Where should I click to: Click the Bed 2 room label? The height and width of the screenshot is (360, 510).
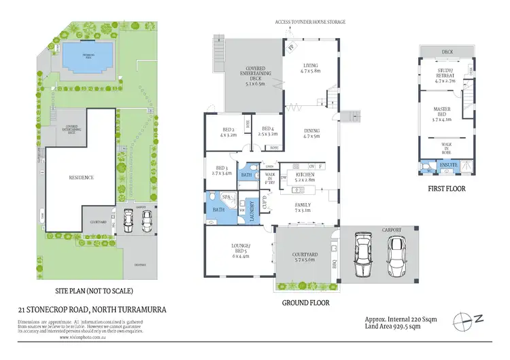(x=228, y=132)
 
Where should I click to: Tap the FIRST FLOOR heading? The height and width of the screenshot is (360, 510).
(x=446, y=188)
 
